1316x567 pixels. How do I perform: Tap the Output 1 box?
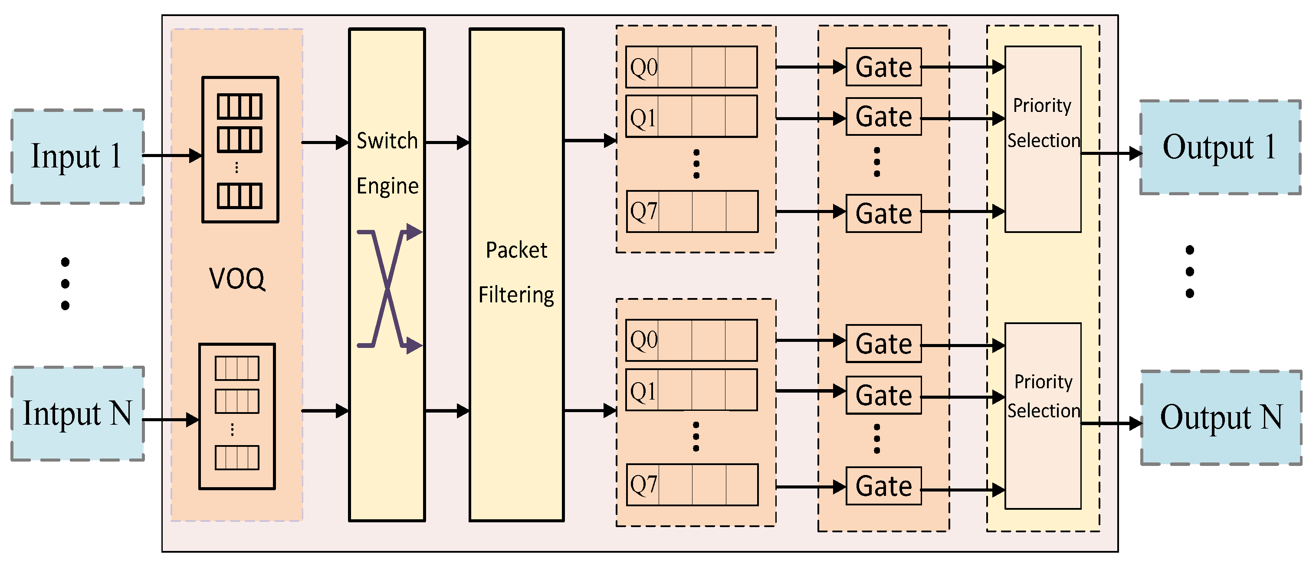[x=1220, y=147]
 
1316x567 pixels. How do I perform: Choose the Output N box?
[x=1221, y=417]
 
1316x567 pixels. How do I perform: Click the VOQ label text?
[x=237, y=279]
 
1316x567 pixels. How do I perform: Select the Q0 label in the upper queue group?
[x=643, y=67]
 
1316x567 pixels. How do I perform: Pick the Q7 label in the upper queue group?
[x=643, y=211]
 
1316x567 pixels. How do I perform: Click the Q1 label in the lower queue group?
[x=643, y=391]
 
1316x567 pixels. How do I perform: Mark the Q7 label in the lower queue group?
[x=643, y=484]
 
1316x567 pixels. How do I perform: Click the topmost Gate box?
[x=883, y=67]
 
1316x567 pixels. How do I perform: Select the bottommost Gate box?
[x=883, y=486]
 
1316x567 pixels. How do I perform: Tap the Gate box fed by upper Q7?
[x=883, y=213]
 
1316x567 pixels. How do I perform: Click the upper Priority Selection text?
[x=1043, y=123]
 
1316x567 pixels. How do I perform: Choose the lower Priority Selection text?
[x=1043, y=396]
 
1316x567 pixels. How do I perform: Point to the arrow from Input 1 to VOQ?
[x=172, y=155]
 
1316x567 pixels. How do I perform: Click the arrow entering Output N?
[x=1112, y=423]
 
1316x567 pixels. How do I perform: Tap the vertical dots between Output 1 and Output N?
[x=1190, y=271]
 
